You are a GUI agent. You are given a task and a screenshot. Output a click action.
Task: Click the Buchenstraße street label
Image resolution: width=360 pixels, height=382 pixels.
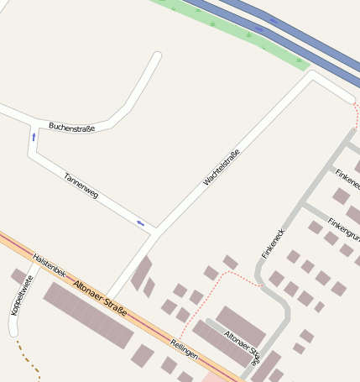(x=71, y=127)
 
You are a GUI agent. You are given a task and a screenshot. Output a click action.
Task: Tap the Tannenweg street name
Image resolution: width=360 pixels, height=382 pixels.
(x=81, y=186)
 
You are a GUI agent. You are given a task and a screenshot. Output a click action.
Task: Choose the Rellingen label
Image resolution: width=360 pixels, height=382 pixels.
(x=184, y=348)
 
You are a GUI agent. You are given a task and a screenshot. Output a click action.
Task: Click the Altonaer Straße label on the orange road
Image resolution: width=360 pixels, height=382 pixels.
(x=100, y=297)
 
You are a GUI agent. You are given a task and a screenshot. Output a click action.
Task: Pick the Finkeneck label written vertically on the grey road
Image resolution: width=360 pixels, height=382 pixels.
(x=274, y=243)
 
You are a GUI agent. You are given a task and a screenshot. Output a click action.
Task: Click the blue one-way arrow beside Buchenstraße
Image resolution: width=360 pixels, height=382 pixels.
(x=34, y=136)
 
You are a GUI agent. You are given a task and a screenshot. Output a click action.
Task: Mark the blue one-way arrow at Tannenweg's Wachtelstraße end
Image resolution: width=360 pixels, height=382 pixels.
(x=140, y=223)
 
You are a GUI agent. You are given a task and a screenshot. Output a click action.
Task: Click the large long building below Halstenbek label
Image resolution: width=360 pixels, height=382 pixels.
(x=88, y=315)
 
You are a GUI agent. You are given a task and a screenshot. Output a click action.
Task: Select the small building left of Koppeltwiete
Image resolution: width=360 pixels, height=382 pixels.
(x=18, y=276)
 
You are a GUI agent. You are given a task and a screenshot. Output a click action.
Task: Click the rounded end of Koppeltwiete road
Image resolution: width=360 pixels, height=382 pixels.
(x=13, y=332)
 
